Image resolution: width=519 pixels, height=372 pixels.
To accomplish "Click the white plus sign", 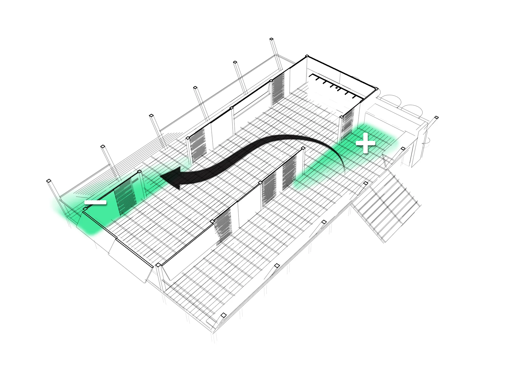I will coord(365,143).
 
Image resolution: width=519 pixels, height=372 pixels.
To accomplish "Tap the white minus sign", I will coord(95,202).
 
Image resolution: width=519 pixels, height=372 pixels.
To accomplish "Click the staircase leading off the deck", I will coord(388,207).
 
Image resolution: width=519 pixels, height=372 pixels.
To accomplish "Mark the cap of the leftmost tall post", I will coord(49,181).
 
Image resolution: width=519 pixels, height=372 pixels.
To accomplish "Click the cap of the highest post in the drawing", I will coord(271,39).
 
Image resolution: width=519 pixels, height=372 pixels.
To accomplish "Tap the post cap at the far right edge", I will coord(436,118).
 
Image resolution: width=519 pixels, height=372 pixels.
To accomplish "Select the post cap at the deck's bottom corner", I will coord(224,315).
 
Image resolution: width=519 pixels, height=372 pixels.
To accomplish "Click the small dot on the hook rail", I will coord(337,88).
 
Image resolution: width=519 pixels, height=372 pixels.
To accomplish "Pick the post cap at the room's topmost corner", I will coord(307,56).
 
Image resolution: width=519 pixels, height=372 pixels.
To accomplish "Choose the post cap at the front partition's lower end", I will coord(158,265).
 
